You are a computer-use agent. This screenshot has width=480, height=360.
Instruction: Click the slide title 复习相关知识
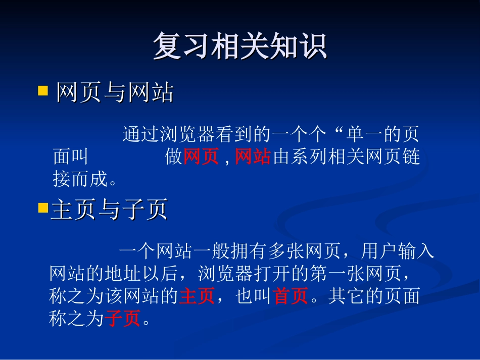click(x=240, y=46)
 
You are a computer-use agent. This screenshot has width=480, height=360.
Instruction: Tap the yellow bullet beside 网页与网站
click(x=43, y=91)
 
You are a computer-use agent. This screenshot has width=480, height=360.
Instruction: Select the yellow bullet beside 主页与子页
click(x=43, y=208)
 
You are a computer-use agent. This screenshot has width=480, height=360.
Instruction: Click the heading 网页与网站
click(x=115, y=93)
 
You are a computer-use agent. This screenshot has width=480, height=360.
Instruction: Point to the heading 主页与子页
click(x=109, y=210)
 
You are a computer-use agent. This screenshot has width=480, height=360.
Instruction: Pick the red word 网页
click(x=201, y=157)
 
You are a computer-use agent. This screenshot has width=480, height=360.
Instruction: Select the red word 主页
click(x=197, y=296)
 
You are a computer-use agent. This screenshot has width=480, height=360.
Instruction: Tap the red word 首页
click(x=291, y=296)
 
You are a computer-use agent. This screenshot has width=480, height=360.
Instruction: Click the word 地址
click(x=122, y=273)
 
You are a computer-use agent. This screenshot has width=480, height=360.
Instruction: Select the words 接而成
click(x=80, y=179)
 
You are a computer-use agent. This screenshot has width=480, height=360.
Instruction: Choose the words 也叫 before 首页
click(x=254, y=296)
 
